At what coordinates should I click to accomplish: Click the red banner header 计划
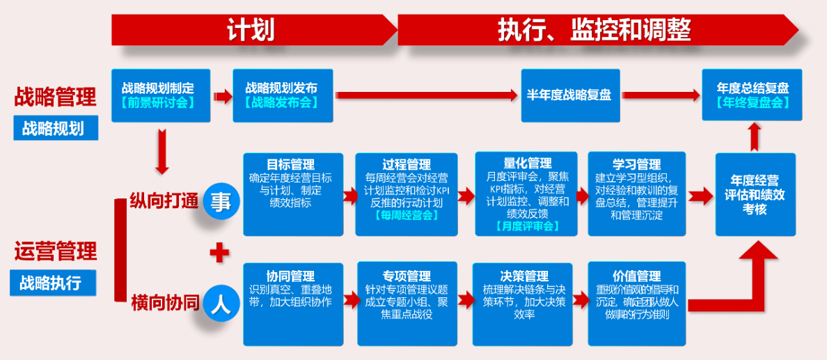pyautogui.click(x=252, y=30)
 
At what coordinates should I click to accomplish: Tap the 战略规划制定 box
pyautogui.click(x=161, y=95)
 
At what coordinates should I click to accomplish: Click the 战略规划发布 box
pyautogui.click(x=283, y=95)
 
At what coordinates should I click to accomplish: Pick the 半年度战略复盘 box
pyautogui.click(x=570, y=95)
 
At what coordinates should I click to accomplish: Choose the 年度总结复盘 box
pyautogui.click(x=752, y=95)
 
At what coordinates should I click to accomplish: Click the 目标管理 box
pyautogui.click(x=293, y=194)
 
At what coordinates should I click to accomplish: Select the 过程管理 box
pyautogui.click(x=406, y=194)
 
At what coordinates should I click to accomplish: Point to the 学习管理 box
pyautogui.click(x=637, y=194)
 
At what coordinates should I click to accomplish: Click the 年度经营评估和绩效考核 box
pyautogui.click(x=755, y=194)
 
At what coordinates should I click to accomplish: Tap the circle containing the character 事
pyautogui.click(x=221, y=202)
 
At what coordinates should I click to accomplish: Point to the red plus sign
pyautogui.click(x=219, y=254)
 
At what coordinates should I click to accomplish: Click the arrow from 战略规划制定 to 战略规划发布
pyautogui.click(x=223, y=96)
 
